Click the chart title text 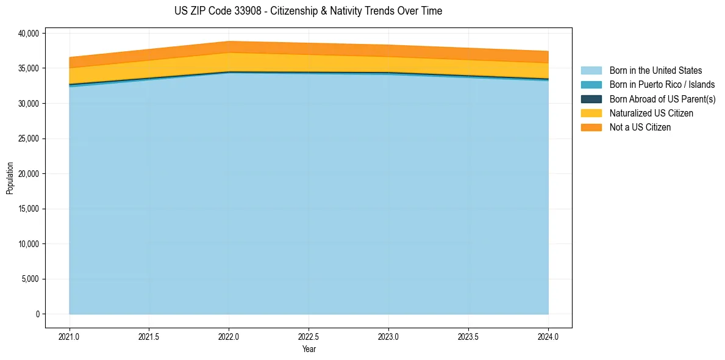coord(308,11)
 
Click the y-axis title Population coord(10,178)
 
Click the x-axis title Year coord(309,349)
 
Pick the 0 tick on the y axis coord(37,314)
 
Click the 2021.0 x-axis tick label coord(70,336)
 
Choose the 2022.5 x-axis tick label coord(309,336)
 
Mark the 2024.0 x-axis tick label coord(548,336)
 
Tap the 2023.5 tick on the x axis coord(468,336)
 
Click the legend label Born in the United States coord(655,71)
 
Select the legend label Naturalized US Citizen coord(651,113)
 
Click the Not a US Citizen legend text coord(640,128)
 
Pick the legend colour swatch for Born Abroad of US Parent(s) coord(591,99)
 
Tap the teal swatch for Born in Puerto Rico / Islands coord(591,85)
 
